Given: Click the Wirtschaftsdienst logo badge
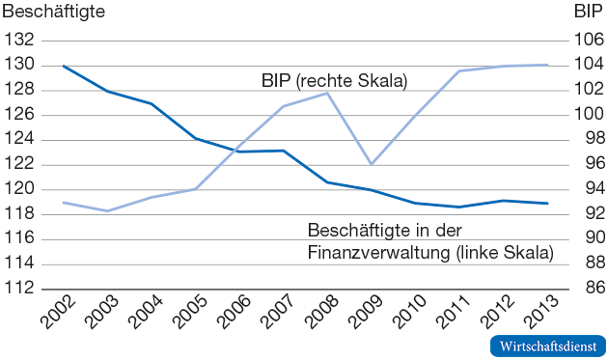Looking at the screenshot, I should (x=547, y=346).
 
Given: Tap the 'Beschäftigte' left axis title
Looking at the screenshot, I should (x=53, y=13).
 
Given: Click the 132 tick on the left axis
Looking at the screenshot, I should (x=19, y=41).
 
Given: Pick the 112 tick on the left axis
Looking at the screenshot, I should (x=19, y=289).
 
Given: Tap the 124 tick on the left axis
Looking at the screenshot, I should (x=19, y=140).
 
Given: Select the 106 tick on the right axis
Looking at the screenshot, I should (x=587, y=41).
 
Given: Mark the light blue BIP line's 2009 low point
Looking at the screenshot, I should (x=371, y=164).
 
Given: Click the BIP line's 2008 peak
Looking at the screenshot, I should (x=327, y=93).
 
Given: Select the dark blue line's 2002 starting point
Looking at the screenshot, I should (x=64, y=66).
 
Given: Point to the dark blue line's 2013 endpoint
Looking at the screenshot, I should (x=546, y=204).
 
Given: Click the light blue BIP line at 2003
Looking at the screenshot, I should (x=108, y=210).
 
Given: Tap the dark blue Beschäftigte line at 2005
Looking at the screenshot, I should (x=195, y=139).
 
